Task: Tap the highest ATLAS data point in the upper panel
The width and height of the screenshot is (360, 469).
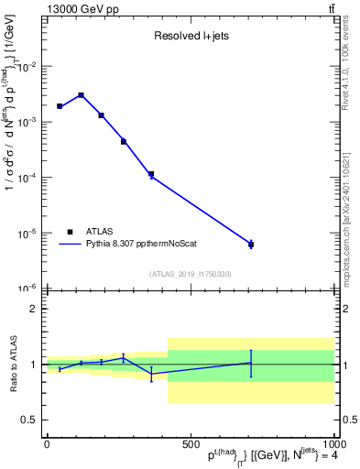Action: point(81,95)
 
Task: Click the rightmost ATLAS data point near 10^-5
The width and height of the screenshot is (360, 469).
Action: point(251,244)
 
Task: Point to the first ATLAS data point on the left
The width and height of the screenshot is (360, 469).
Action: point(60,106)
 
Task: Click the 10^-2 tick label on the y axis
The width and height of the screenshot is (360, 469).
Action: point(27,67)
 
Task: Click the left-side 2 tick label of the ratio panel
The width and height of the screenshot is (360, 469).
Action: point(34,309)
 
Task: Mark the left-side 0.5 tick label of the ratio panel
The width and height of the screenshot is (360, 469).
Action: point(30,420)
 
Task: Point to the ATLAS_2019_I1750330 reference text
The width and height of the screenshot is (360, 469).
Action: point(190,274)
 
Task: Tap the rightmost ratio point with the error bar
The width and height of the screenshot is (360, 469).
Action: point(251,363)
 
